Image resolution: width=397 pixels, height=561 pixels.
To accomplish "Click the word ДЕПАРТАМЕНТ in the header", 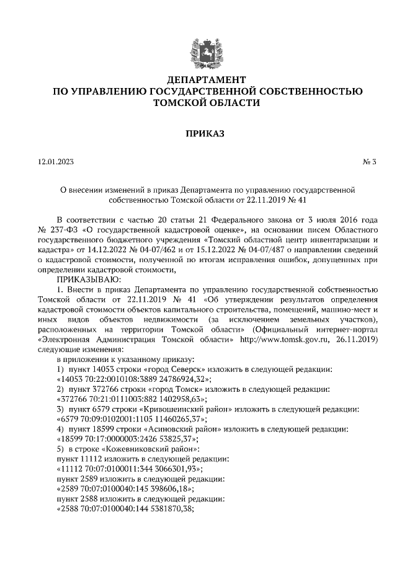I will [x=198, y=80].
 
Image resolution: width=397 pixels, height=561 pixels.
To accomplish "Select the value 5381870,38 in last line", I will [x=168, y=509].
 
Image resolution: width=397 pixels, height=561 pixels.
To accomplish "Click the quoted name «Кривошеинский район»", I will [x=183, y=409].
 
